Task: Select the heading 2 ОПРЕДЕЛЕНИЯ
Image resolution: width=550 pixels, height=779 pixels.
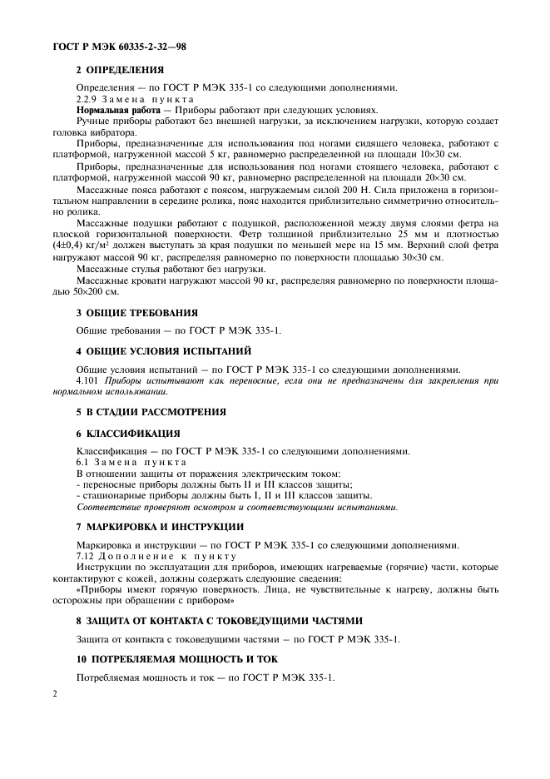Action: (x=120, y=70)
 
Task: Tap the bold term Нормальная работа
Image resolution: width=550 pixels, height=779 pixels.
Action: (x=106, y=110)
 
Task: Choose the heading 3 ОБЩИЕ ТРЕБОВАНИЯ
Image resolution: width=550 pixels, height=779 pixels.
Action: (x=137, y=313)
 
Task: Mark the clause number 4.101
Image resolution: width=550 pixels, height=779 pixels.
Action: (x=87, y=380)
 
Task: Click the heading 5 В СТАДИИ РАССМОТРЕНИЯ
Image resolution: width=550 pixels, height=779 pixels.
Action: (x=151, y=412)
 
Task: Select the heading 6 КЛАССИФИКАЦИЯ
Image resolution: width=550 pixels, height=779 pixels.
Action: (x=128, y=435)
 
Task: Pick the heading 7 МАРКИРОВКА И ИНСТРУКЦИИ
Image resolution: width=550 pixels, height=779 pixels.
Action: (x=160, y=526)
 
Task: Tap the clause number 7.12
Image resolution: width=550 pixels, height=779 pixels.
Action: (x=86, y=556)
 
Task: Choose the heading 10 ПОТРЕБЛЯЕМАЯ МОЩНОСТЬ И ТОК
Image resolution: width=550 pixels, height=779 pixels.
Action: (x=177, y=658)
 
